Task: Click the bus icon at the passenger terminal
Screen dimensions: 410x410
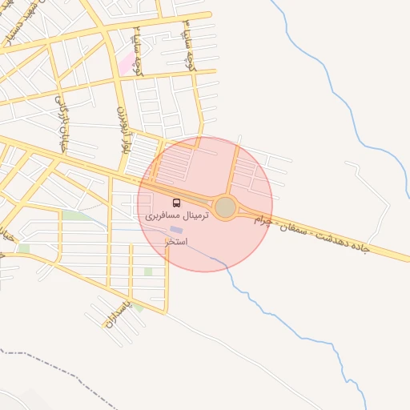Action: pos(176,203)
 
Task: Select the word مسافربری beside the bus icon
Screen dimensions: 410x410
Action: pos(163,216)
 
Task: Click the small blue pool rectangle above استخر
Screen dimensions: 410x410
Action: pos(176,230)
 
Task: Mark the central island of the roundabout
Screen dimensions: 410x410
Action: pos(226,208)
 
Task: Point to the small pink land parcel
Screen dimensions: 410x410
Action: pos(127,62)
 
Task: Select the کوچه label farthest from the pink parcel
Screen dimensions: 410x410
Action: pos(190,44)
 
